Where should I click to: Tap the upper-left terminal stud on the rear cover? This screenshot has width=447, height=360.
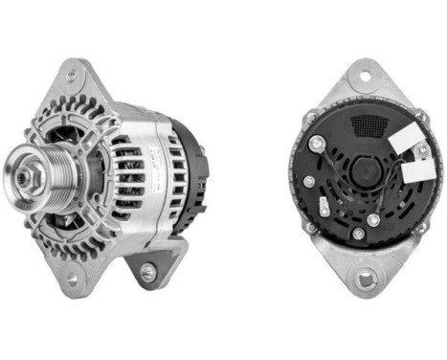pyautogui.click(x=316, y=145)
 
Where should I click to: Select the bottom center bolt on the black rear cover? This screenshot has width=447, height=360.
pyautogui.click(x=359, y=233)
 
